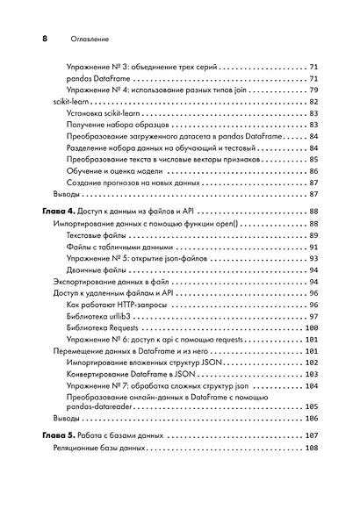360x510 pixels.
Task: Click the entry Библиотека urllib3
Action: [x=102, y=316]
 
